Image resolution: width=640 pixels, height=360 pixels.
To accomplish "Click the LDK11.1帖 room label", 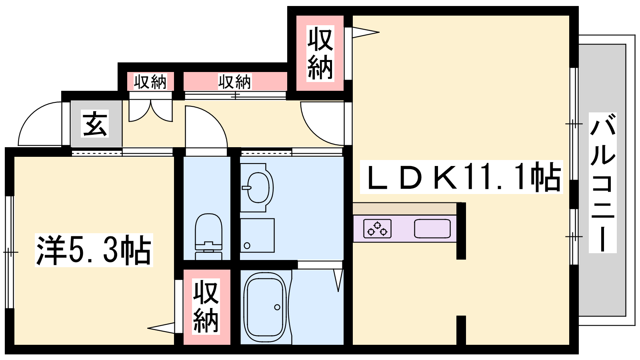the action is [x=461, y=177].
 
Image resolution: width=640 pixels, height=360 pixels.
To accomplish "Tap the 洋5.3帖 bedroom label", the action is [x=94, y=250].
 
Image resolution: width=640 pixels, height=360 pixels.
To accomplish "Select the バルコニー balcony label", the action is [x=602, y=183].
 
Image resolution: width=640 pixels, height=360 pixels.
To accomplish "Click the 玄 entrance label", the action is [x=94, y=124].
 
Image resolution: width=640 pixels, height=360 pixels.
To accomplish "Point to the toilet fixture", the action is [x=208, y=236].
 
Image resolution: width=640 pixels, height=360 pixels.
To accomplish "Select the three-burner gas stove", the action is [x=377, y=228].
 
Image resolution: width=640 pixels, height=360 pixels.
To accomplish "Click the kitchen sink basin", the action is [x=432, y=228].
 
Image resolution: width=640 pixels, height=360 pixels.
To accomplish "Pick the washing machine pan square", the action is [x=257, y=236].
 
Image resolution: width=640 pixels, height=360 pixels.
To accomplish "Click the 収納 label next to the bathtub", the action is [x=206, y=306].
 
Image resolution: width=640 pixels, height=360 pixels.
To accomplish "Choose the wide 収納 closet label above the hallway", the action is [x=234, y=82].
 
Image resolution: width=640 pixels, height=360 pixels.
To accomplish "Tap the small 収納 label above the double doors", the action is [x=150, y=82].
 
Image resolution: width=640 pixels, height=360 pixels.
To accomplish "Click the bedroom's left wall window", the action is [x=10, y=252].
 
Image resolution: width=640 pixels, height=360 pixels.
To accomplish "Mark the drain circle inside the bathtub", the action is [x=277, y=308].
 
